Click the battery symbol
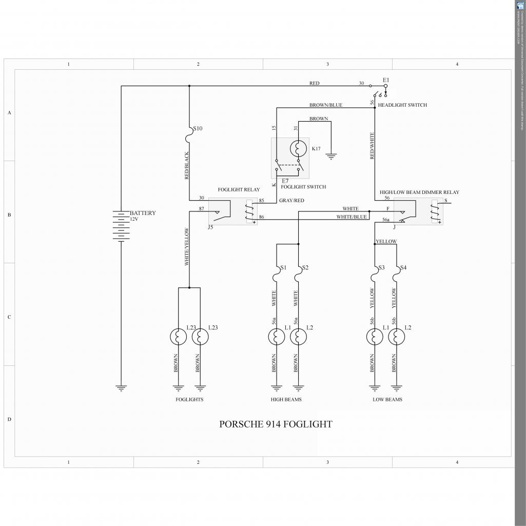click(121, 226)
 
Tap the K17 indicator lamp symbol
click(298, 149)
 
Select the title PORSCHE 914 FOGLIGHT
click(276, 424)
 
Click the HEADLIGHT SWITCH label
click(402, 105)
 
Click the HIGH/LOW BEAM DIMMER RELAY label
click(419, 192)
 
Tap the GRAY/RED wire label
click(291, 201)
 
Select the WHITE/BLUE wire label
click(352, 217)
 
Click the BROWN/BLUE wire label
click(325, 105)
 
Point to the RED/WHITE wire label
click(372, 146)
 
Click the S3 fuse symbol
click(375, 276)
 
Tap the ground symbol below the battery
click(121, 388)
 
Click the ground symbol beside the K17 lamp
click(331, 156)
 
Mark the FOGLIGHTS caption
click(189, 399)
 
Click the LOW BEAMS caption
click(387, 399)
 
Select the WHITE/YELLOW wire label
click(187, 247)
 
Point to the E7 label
click(285, 181)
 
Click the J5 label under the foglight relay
click(210, 227)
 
